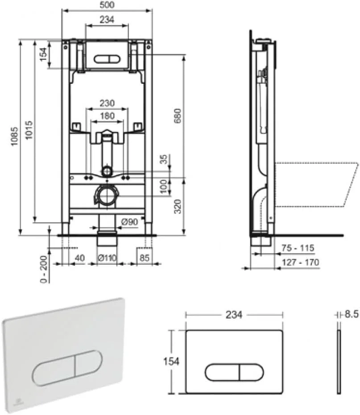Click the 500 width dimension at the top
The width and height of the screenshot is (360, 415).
[107, 5]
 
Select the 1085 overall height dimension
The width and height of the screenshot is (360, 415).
[14, 136]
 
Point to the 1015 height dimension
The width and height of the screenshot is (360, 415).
[29, 130]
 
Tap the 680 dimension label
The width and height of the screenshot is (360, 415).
[177, 115]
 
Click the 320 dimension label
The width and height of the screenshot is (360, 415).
[178, 206]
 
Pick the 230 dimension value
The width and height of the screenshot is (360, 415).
[107, 103]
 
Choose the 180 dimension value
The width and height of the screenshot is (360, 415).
[107, 116]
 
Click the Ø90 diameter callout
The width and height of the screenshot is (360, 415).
[129, 222]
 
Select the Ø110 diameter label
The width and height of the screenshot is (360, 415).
[107, 258]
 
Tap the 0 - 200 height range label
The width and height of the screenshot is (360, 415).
[44, 269]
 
